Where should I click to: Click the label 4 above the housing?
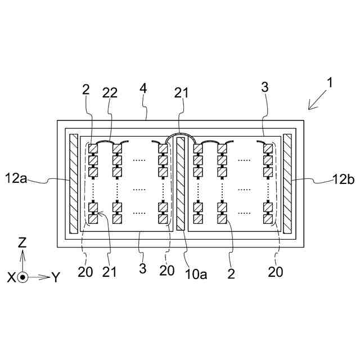pos(143,89)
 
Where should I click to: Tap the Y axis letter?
pos(55,277)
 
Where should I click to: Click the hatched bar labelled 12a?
pos(73,183)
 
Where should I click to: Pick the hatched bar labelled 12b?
pos(288,183)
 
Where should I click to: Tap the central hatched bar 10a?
pos(181,183)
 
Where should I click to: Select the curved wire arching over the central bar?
pos(180,135)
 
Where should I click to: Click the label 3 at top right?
pos(265,88)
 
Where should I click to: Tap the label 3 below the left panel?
pos(142,269)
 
